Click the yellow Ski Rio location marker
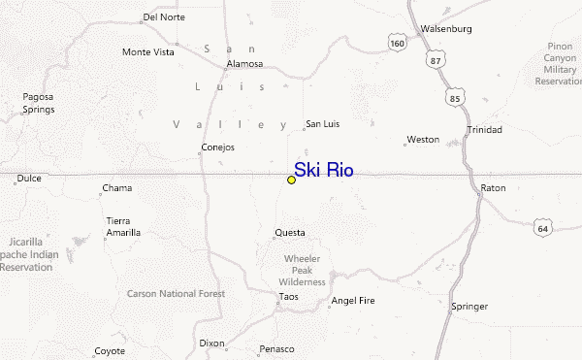click(x=291, y=180)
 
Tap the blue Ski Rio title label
click(x=324, y=171)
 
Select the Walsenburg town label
click(x=445, y=29)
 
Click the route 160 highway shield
click(x=396, y=44)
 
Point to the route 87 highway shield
click(x=433, y=61)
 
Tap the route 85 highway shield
click(x=455, y=98)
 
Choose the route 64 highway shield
click(x=542, y=227)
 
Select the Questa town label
click(x=290, y=233)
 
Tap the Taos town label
click(x=288, y=297)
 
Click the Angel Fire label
click(x=352, y=302)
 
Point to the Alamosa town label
click(x=244, y=64)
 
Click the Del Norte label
click(x=162, y=17)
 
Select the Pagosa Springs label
click(x=39, y=103)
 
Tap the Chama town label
click(x=117, y=188)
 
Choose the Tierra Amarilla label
click(x=123, y=226)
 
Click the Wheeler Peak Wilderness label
click(x=302, y=271)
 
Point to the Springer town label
click(x=470, y=307)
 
